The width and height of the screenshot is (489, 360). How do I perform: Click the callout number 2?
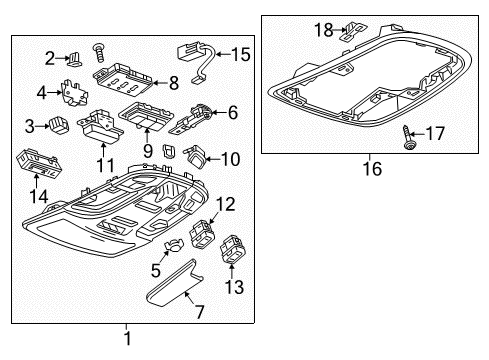pyautogui.click(x=48, y=57)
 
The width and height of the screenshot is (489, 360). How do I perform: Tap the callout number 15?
pyautogui.click(x=241, y=53)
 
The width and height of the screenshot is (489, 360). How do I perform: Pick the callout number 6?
pyautogui.click(x=232, y=113)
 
